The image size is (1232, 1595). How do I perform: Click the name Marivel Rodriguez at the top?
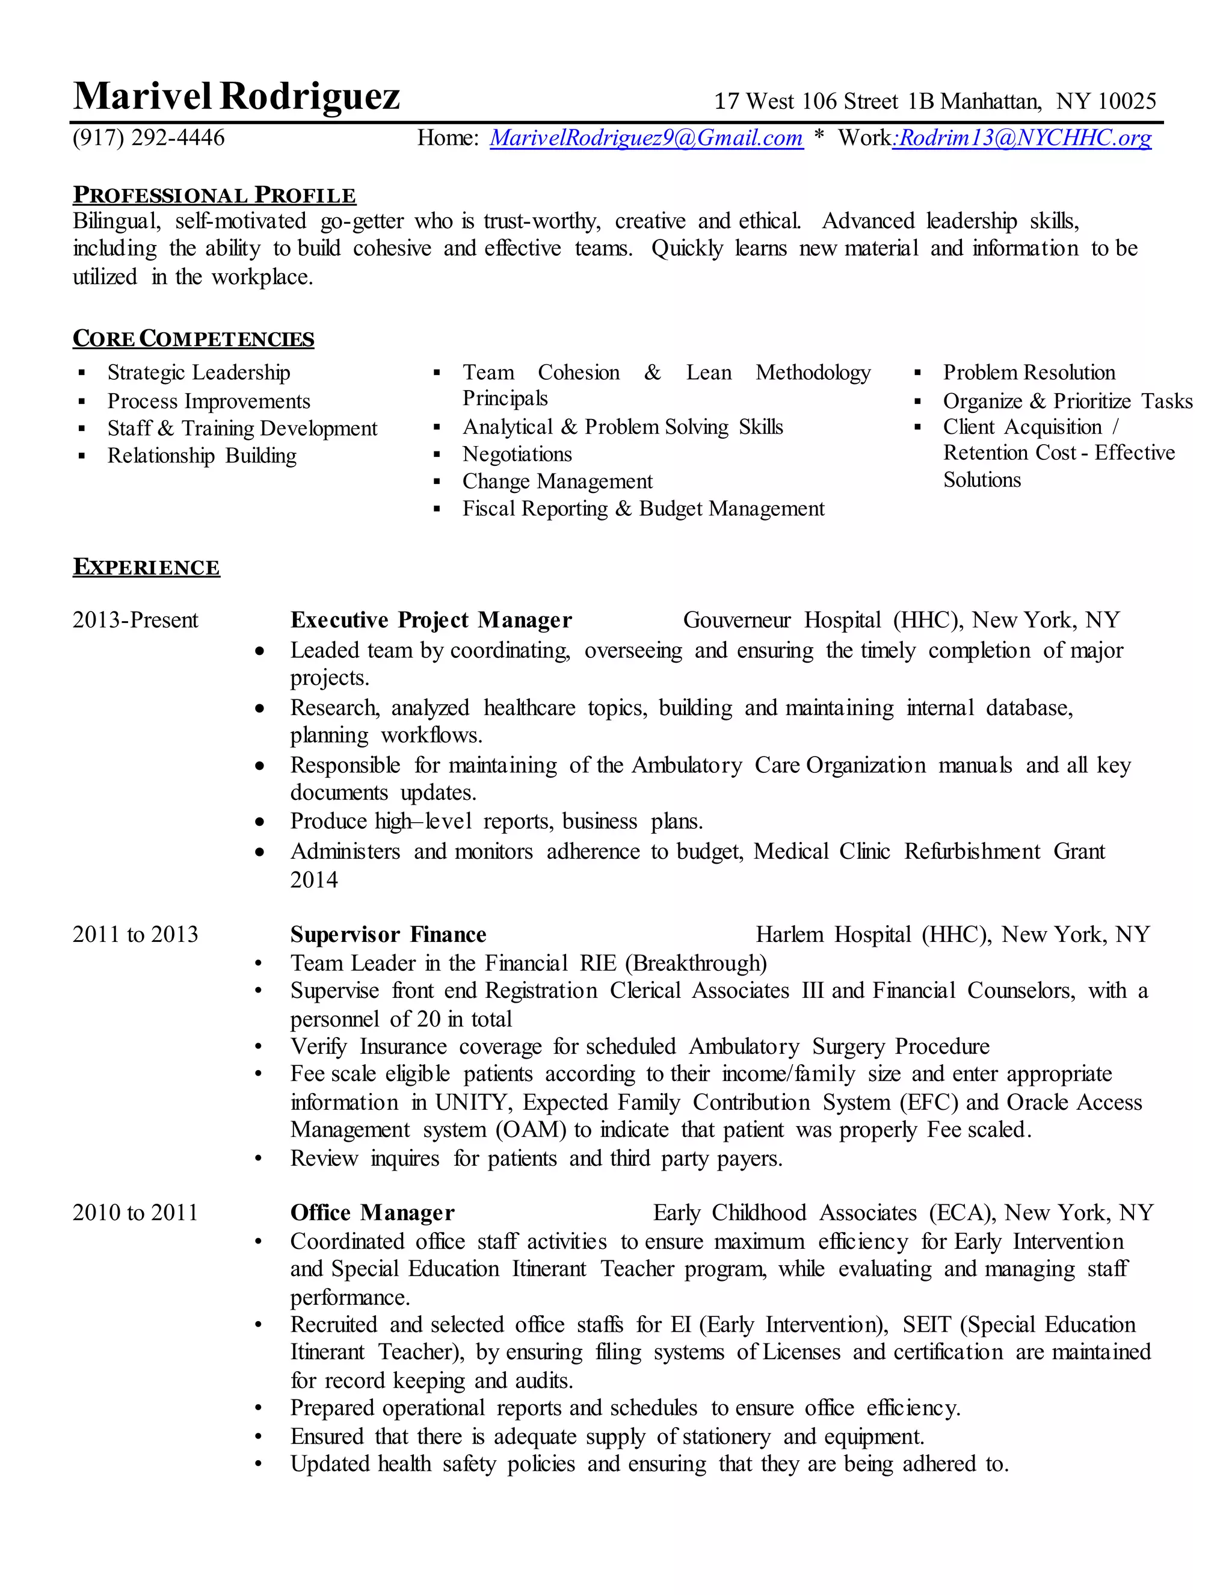[236, 96]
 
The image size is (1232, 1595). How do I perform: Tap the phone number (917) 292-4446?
[149, 137]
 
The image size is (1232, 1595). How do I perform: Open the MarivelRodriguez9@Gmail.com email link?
[646, 137]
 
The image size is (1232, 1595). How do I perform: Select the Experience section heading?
[146, 567]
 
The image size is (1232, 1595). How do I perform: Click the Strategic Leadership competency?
[199, 373]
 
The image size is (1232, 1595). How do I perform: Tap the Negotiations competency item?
[517, 454]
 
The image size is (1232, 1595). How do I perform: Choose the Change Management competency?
[557, 482]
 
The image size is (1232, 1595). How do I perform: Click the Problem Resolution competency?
[1028, 373]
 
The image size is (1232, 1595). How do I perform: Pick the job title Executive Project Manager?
[431, 620]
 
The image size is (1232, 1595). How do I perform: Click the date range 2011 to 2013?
[135, 935]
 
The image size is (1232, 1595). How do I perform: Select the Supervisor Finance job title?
[387, 935]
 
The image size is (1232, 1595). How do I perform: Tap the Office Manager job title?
[372, 1213]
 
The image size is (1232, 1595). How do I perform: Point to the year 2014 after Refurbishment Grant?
[314, 879]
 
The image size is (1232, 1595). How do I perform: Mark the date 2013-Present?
[135, 620]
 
